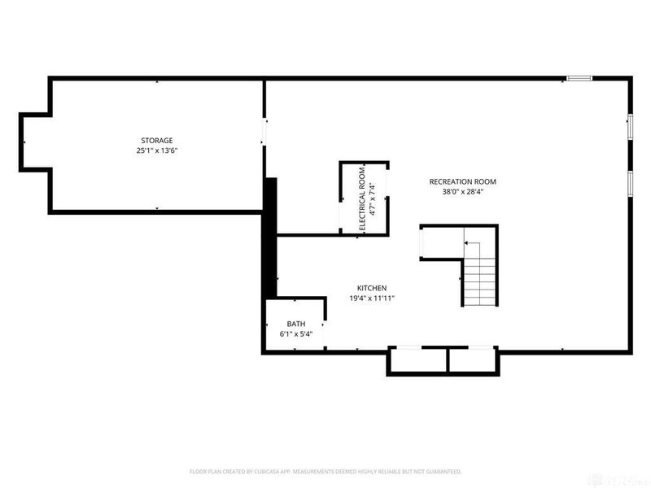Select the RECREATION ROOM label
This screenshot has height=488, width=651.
pyautogui.click(x=463, y=182)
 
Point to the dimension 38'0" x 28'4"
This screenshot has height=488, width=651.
pyautogui.click(x=463, y=193)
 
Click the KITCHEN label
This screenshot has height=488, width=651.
pyautogui.click(x=371, y=288)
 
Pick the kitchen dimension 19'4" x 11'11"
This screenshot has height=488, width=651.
pyautogui.click(x=371, y=298)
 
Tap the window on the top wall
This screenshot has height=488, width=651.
pyautogui.click(x=579, y=78)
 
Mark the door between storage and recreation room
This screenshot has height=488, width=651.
pyautogui.click(x=263, y=131)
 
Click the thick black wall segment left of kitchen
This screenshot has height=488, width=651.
pyautogui.click(x=271, y=236)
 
